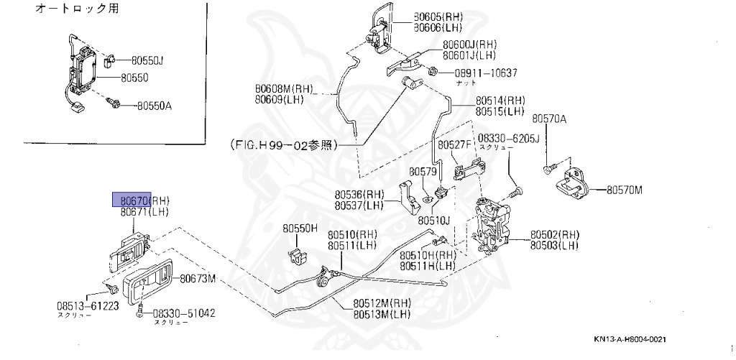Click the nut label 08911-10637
click(x=484, y=73)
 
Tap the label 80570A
click(x=549, y=119)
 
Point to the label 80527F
click(x=454, y=144)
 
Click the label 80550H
click(x=300, y=229)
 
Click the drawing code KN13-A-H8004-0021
click(x=635, y=339)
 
